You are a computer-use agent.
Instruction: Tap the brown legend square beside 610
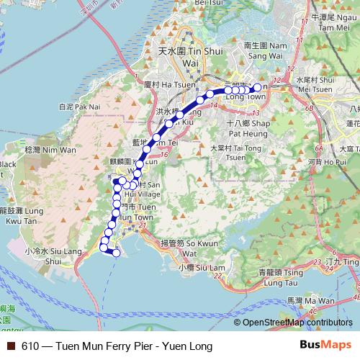pyautogui.click(x=8, y=346)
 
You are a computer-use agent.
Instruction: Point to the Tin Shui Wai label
pyautogui.click(x=180, y=58)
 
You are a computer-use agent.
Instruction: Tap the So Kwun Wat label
pyautogui.click(x=189, y=248)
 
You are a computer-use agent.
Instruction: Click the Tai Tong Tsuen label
pyautogui.click(x=236, y=151)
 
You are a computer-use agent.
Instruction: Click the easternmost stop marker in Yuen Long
pyautogui.click(x=257, y=88)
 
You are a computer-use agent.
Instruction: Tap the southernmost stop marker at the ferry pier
pyautogui.click(x=116, y=253)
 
